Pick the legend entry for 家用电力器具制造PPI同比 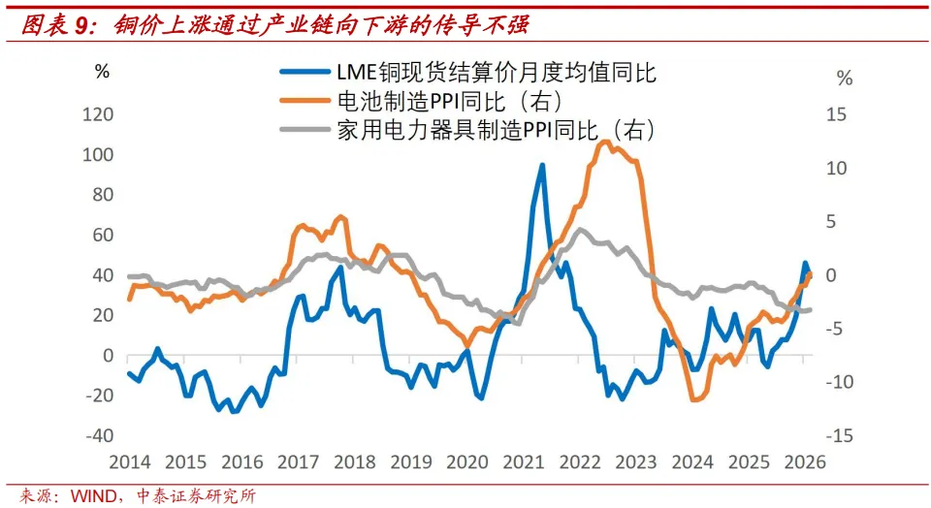pos(496,129)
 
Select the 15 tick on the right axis pos(837,114)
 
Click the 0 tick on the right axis pos(843,275)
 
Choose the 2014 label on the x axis pos(129,461)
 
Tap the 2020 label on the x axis pos(466,461)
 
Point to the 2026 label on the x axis pos(804,461)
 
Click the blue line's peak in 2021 pos(542,165)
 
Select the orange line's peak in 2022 pos(604,142)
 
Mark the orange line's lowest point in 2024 pos(694,399)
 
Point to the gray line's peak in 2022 pos(580,230)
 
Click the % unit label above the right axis pos(845,79)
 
